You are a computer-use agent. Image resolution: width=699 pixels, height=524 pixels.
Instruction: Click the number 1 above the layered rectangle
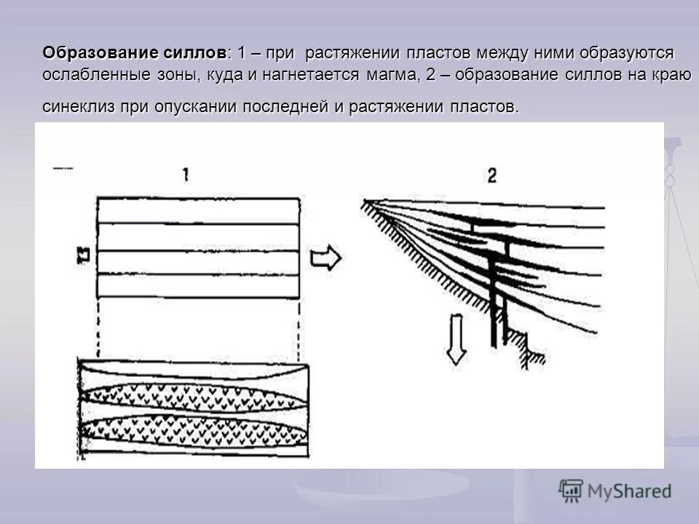tap(186, 175)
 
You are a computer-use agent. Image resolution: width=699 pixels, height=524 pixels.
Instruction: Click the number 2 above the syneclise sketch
tap(491, 175)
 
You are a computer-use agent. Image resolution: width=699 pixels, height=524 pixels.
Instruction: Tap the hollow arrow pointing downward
tap(456, 338)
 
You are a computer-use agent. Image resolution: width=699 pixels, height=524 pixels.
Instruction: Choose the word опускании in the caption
tap(195, 107)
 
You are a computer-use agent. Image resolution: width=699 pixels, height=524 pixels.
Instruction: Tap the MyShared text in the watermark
tap(629, 491)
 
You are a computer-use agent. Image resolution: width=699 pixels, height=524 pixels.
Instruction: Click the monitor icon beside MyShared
tap(571, 491)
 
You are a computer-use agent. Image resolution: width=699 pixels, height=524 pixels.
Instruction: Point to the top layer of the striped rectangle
tap(198, 210)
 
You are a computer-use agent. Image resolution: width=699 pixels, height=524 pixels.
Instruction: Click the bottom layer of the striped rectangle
tap(198, 285)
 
